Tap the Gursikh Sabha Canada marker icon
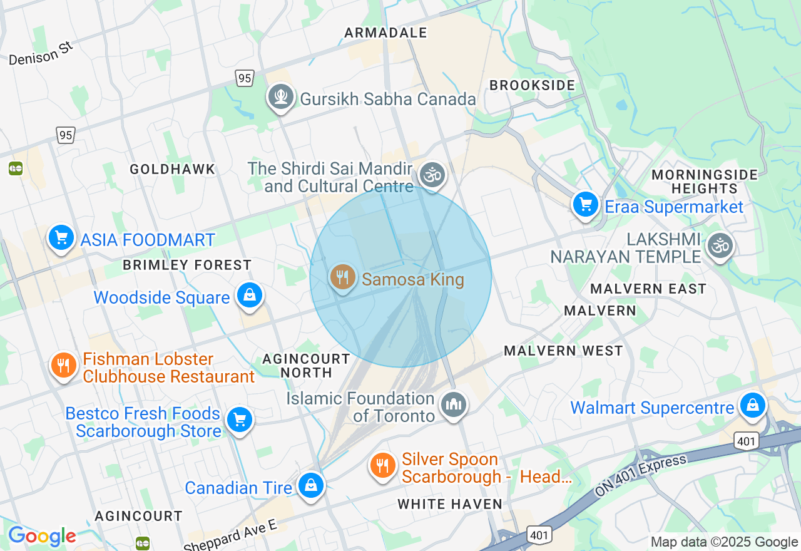[281, 97]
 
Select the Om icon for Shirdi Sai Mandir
[432, 175]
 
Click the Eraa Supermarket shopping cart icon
[586, 205]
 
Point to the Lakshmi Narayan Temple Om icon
[720, 245]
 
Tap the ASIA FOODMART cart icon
[61, 238]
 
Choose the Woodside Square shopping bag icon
[250, 295]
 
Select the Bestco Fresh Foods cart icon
[239, 420]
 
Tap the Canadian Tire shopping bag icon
[310, 485]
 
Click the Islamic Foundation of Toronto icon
[452, 404]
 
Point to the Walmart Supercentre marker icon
[753, 406]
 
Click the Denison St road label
[41, 54]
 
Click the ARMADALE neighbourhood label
[385, 33]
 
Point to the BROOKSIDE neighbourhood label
[532, 85]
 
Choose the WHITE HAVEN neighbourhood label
[450, 504]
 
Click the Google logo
[42, 536]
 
